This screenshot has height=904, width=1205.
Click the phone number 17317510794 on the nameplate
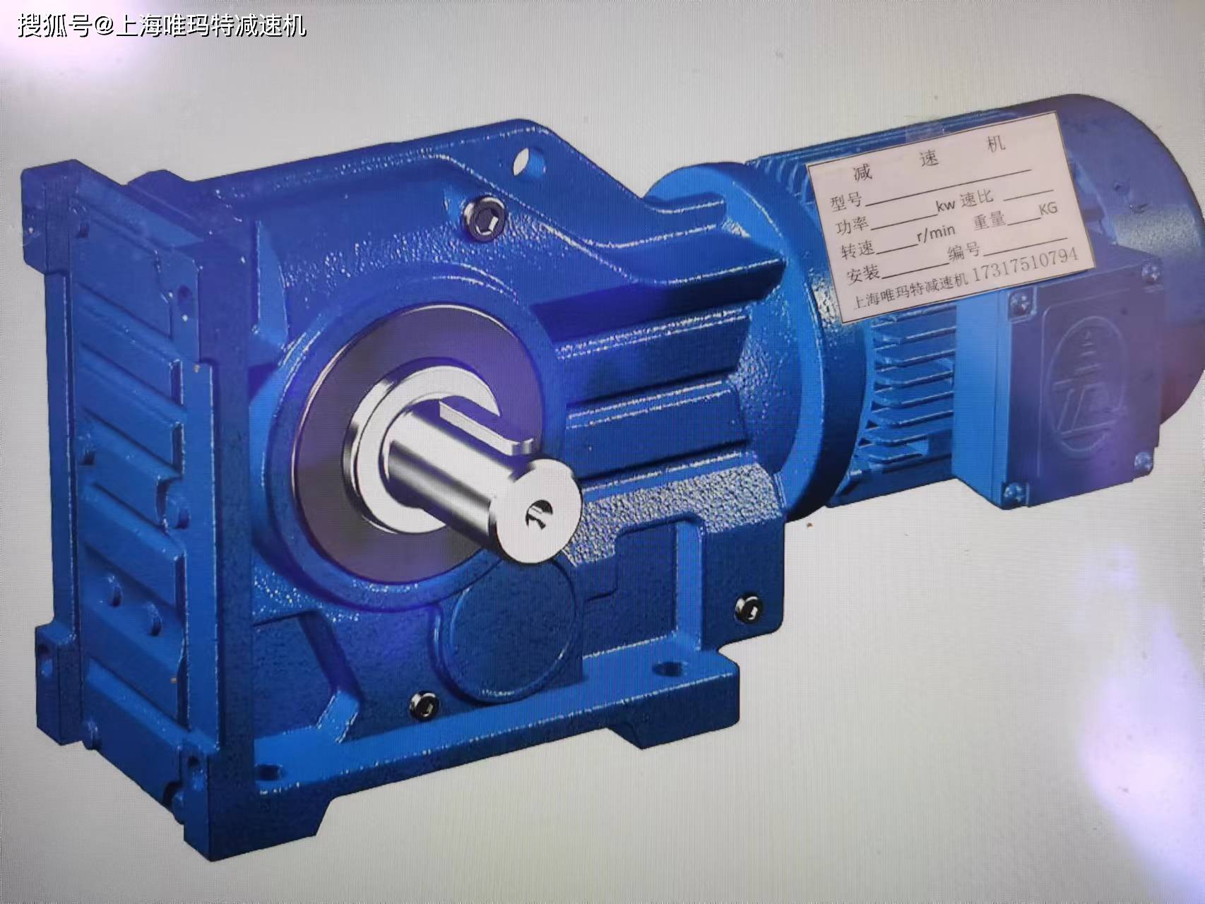coord(1026,266)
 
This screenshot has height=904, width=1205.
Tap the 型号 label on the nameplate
coord(846,201)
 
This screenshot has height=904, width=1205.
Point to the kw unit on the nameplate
coord(946,206)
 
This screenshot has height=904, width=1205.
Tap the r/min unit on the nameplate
coord(936,232)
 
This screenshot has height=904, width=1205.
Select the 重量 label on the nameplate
coord(990,221)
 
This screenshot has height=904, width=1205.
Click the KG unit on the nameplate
coord(1048,209)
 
